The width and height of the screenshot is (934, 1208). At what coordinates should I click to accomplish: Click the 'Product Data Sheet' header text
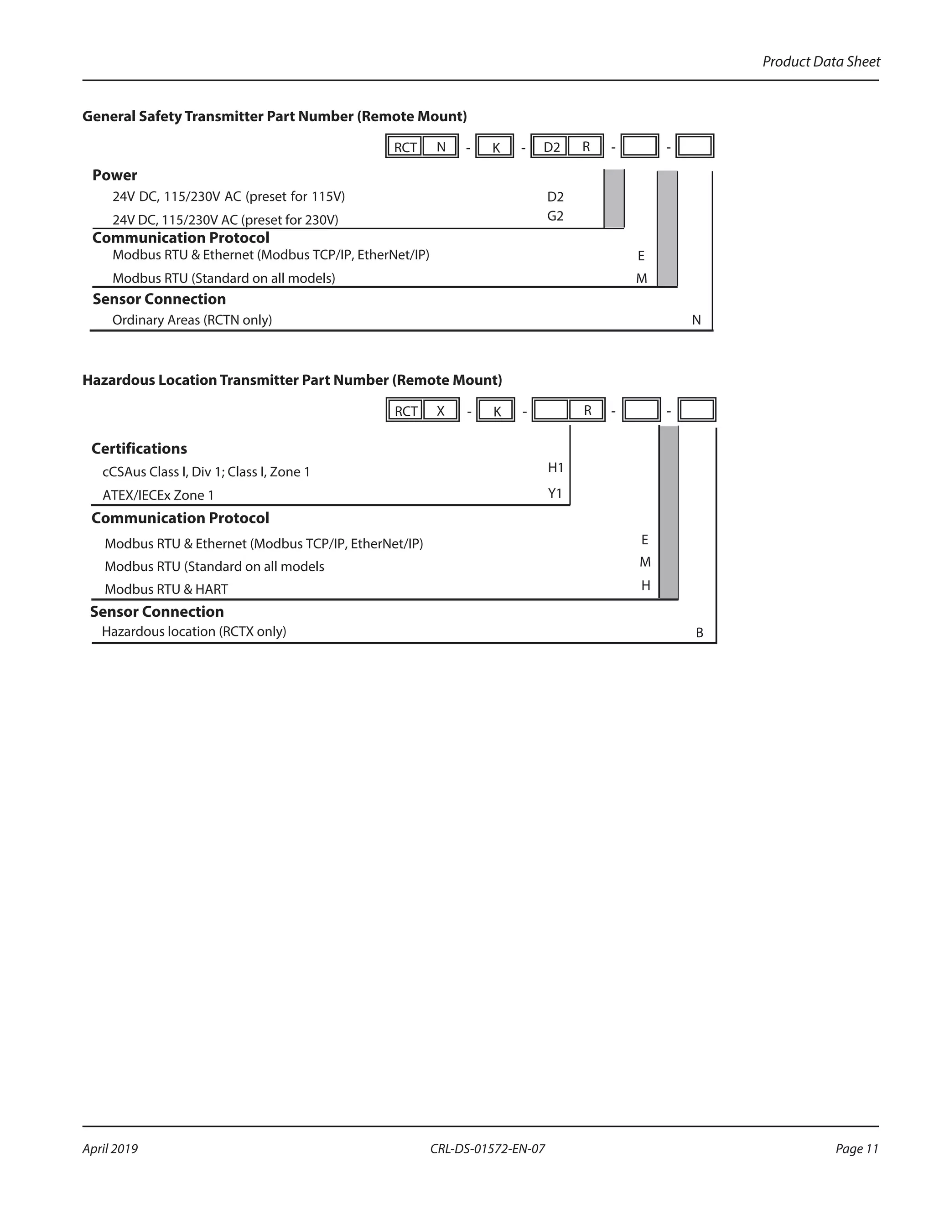pos(820,62)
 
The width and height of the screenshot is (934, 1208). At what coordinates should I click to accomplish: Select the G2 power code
pos(555,216)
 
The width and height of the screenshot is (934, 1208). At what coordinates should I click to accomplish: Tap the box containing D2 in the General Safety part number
pos(551,147)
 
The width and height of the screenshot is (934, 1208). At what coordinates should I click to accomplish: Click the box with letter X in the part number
pos(441,410)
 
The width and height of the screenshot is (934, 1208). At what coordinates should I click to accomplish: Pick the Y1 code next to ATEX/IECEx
pos(555,493)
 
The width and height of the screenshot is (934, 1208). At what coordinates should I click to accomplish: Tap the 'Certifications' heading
pos(139,448)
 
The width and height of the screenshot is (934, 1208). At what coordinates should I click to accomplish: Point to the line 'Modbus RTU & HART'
pos(166,589)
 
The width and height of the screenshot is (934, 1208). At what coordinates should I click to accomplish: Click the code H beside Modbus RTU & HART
pos(645,585)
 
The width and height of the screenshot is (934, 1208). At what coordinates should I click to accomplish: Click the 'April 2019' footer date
pos(110,1149)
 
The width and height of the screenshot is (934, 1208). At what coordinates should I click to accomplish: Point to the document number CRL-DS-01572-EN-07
pos(487,1149)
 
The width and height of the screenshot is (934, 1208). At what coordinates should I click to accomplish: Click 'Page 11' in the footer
pos(856,1149)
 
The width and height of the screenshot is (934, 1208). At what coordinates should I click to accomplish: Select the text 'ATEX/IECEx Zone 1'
pos(158,495)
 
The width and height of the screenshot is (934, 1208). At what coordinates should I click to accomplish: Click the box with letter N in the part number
pos(441,147)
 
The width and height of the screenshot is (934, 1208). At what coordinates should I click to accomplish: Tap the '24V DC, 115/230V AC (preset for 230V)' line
pos(225,220)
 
